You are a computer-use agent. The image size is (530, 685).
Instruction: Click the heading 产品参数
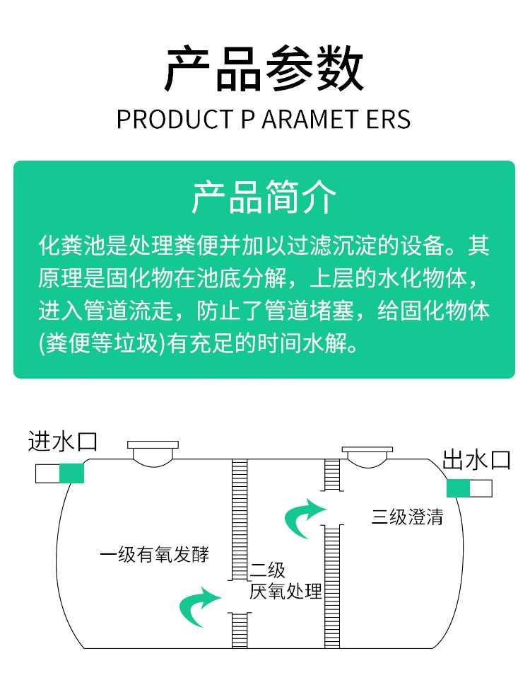264,69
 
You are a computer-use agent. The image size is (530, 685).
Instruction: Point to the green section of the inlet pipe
71,473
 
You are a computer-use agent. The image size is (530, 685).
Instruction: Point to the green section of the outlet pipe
458,488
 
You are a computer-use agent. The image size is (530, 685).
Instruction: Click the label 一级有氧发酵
155,553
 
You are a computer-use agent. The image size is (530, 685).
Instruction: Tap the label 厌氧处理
285,591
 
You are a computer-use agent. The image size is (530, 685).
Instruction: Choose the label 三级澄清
408,517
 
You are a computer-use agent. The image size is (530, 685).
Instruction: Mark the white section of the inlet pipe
47,473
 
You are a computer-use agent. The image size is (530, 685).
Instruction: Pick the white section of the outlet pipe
482,488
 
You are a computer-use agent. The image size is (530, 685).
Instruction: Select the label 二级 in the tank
268,570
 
